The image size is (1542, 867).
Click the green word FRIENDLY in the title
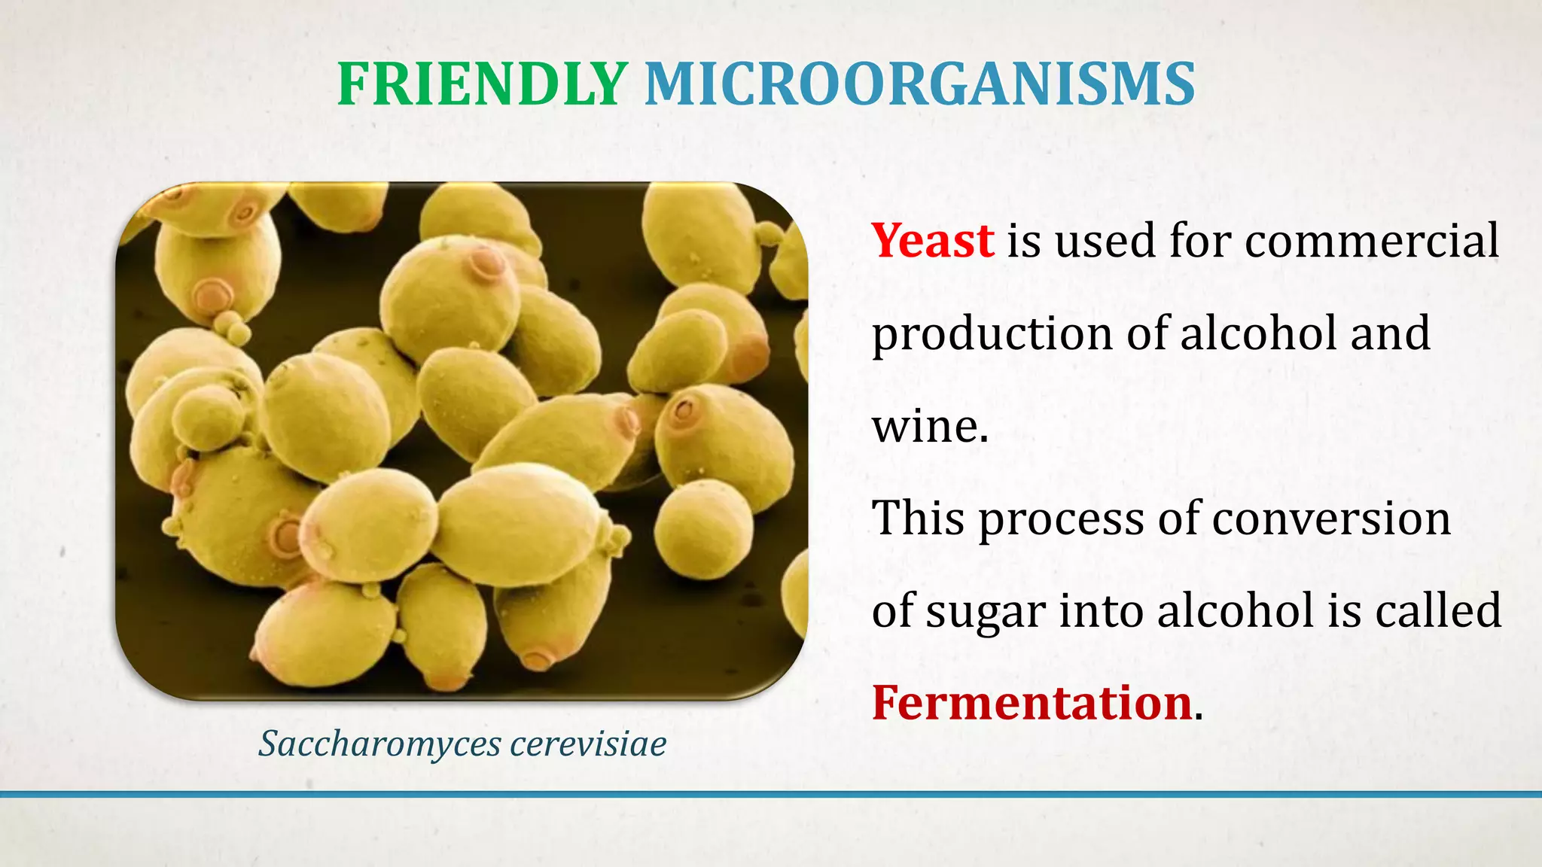(482, 84)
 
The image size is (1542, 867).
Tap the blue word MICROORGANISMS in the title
(919, 84)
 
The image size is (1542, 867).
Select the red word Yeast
(932, 241)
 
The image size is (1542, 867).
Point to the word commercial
(1371, 241)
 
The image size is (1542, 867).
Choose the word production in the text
(992, 334)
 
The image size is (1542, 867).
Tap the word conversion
(1330, 519)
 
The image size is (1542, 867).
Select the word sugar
(986, 611)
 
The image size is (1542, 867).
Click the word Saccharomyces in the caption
(379, 744)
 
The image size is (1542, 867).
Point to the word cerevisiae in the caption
(588, 744)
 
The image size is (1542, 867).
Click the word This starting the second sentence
(918, 519)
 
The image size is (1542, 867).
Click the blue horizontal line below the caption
(771, 794)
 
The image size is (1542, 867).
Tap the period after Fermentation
(1199, 716)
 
